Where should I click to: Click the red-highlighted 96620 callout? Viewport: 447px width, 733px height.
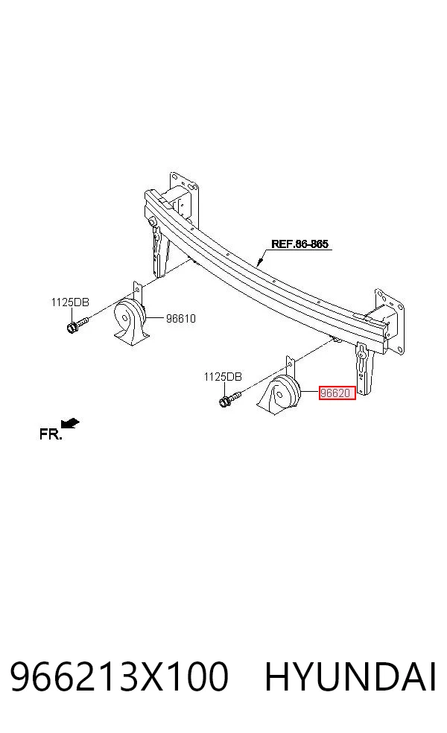337,393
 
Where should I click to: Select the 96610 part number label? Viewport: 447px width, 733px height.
181,318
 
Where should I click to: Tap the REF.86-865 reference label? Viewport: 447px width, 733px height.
299,244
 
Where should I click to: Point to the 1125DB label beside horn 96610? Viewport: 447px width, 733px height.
70,302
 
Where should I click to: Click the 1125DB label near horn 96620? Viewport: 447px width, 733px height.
223,376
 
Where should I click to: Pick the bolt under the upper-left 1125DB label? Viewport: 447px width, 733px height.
77,325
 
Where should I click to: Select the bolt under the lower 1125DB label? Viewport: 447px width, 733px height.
229,399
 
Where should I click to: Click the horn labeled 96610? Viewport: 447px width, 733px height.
132,320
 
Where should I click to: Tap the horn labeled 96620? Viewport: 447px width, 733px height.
283,394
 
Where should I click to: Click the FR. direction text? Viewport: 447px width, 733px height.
51,434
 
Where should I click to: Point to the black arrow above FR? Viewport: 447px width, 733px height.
71,422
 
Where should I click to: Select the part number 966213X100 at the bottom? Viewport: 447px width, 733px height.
119,676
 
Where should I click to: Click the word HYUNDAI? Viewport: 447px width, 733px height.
351,676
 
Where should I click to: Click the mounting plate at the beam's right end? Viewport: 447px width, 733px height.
390,320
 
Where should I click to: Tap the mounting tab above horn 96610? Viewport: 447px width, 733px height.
138,293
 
